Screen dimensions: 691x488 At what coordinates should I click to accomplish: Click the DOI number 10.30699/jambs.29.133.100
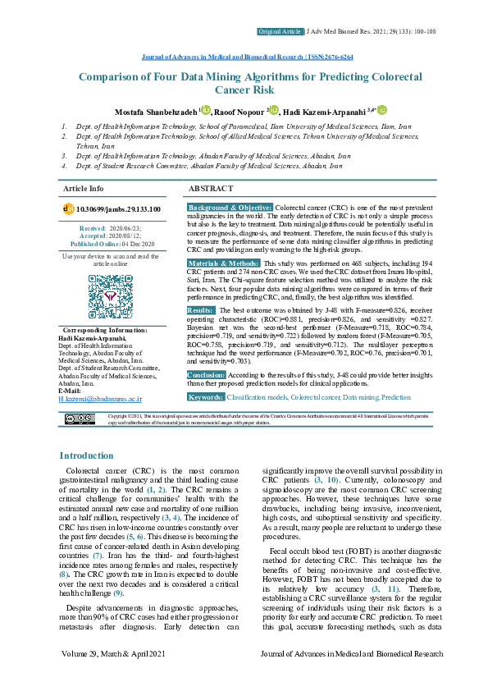117,210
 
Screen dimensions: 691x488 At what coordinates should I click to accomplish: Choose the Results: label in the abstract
201,310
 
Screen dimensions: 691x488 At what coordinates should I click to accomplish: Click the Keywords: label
205,396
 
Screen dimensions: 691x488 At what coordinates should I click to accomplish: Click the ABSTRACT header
212,188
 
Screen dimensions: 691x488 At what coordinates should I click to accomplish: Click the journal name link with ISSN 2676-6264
243,57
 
